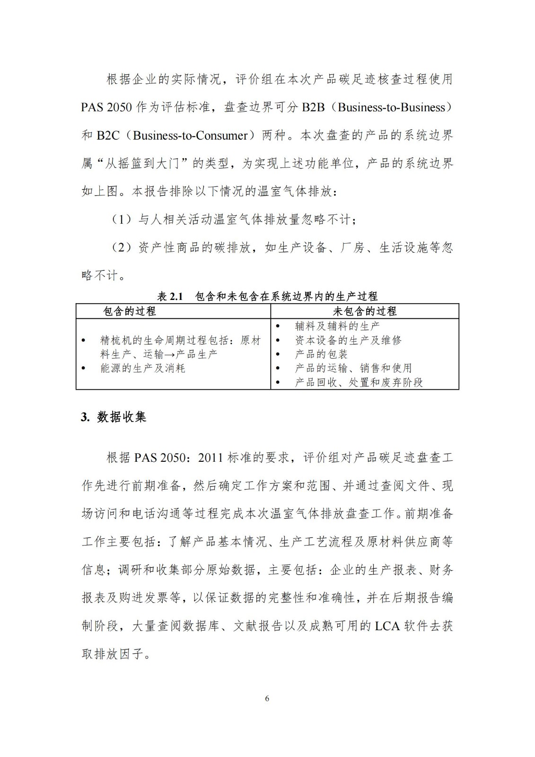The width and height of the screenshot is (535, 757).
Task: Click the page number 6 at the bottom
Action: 267,699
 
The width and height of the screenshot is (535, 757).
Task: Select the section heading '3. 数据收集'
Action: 114,417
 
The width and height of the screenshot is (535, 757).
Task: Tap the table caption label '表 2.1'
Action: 170,297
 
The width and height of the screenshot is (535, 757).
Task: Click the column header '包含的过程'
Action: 129,311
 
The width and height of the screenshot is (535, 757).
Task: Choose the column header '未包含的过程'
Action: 365,311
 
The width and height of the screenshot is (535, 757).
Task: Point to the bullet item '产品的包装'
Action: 321,354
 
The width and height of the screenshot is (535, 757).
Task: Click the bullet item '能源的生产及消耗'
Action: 142,368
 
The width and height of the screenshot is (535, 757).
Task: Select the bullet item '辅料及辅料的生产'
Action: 337,326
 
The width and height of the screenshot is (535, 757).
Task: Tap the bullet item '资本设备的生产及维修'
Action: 348,340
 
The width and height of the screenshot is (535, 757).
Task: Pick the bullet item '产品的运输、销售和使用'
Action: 353,368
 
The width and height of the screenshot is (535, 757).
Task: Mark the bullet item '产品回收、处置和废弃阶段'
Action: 359,382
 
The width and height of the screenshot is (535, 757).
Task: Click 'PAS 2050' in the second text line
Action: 106,107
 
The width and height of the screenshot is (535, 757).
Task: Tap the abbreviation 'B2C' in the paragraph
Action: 108,135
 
